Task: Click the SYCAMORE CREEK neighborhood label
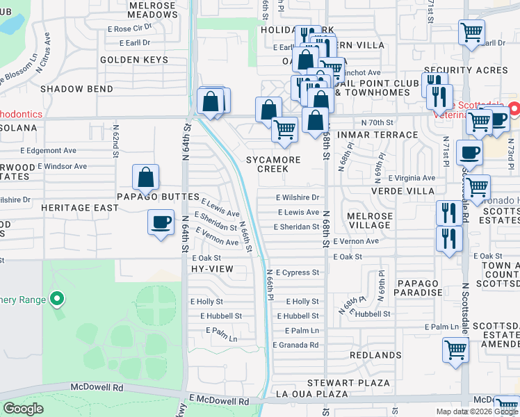[x=273, y=165]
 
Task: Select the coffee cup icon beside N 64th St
[x=161, y=223]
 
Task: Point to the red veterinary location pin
[x=514, y=109]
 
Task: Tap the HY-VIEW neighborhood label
[x=211, y=268]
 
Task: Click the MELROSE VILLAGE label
[x=369, y=221]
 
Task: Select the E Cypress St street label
[x=297, y=272]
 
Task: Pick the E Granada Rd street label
[x=295, y=345]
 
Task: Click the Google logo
[x=24, y=409]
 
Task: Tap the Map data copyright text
[x=477, y=411]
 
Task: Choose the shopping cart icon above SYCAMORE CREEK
[x=284, y=129]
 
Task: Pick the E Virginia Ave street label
[x=407, y=178]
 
